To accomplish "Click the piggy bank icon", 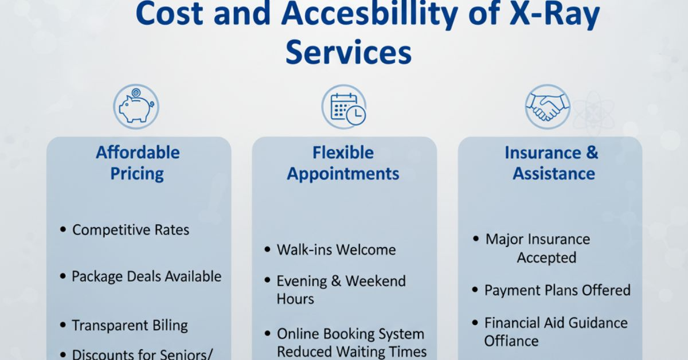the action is click(136, 107).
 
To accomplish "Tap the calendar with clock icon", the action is click(344, 107).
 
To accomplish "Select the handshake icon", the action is click(548, 107).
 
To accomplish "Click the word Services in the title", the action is click(349, 52).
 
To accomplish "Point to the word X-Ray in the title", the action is click(555, 14).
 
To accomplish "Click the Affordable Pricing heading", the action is click(138, 163).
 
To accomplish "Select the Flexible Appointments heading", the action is click(343, 163).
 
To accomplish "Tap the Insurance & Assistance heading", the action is click(552, 163).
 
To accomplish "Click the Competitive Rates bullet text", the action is click(131, 230).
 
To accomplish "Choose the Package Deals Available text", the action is click(147, 276).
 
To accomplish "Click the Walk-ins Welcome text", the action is click(337, 250).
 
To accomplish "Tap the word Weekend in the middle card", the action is click(376, 281).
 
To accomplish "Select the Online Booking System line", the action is click(350, 334).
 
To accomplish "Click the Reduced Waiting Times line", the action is click(351, 352).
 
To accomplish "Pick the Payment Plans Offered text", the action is click(557, 290).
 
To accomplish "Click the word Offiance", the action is click(511, 341).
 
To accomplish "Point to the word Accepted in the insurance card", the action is click(546, 258).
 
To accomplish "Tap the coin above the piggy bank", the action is click(136, 92).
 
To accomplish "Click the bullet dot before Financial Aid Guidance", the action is click(475, 323).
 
